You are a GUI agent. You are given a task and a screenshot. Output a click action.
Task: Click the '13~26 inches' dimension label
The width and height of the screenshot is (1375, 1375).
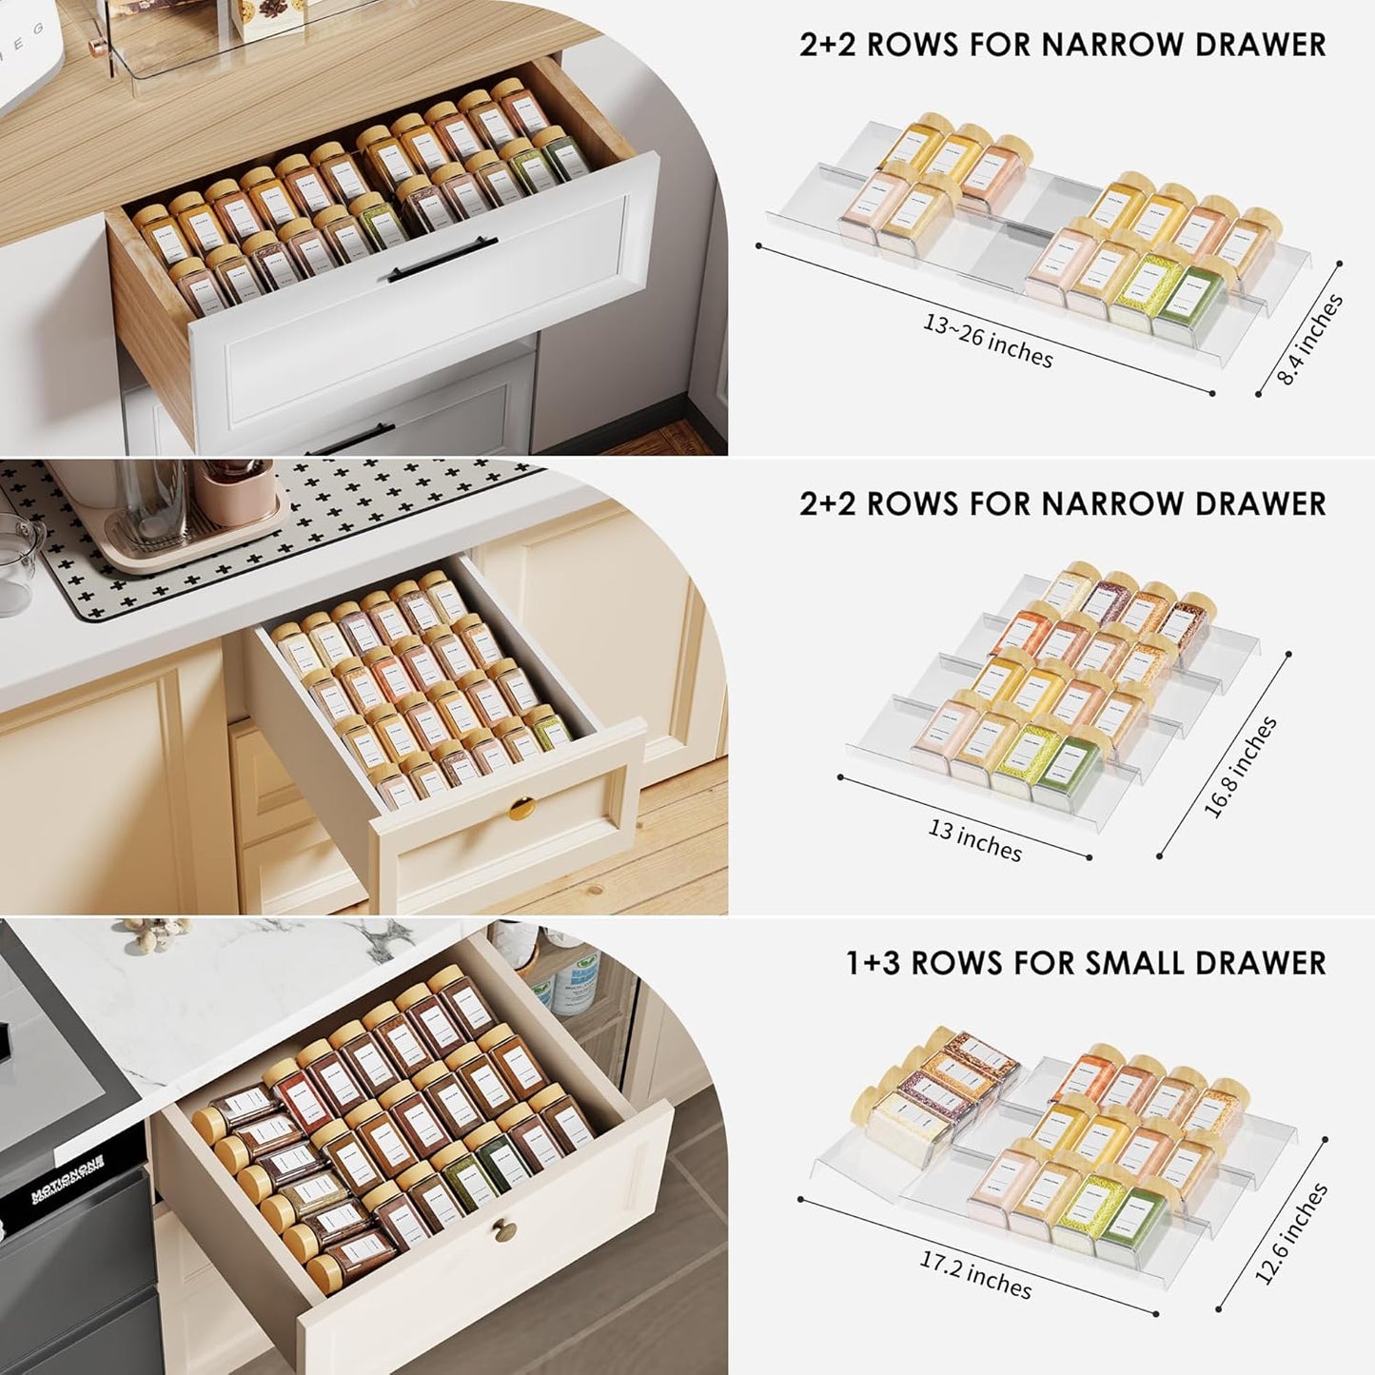988,339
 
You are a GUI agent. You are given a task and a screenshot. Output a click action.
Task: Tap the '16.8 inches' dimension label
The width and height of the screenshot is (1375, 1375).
1239,767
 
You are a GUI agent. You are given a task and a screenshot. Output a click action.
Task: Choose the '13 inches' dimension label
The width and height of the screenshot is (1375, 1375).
974,839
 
